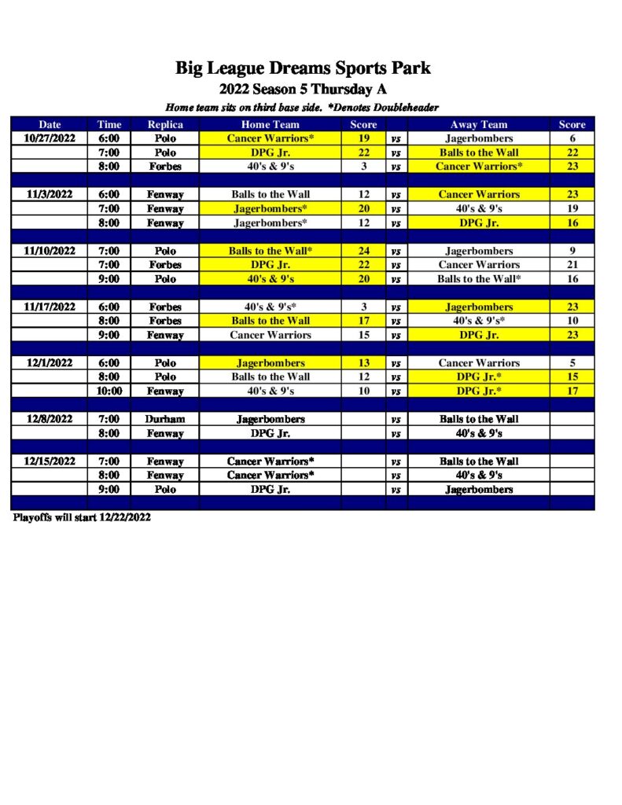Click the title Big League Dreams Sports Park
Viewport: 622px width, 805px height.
point(303,68)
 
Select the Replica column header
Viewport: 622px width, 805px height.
point(165,124)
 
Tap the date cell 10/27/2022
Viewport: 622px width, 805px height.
point(50,138)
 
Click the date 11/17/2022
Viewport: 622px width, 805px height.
point(50,307)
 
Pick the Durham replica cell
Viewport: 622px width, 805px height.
point(165,419)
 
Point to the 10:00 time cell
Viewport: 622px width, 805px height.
point(109,391)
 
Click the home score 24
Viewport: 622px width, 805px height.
point(363,251)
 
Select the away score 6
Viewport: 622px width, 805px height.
point(572,138)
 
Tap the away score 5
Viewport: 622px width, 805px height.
point(572,363)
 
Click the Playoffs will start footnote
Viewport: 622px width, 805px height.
point(82,518)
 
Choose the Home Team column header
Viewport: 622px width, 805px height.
point(271,124)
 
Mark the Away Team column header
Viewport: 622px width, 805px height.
point(479,124)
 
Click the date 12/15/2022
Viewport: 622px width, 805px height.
point(50,461)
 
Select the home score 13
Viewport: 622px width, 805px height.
point(363,363)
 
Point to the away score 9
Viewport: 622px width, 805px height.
point(572,251)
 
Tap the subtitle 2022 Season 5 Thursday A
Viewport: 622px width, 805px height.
point(303,89)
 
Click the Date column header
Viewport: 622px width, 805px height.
point(50,124)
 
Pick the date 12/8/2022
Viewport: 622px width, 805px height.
point(50,419)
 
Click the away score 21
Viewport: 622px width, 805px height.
point(572,265)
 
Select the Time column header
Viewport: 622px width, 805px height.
point(109,124)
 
